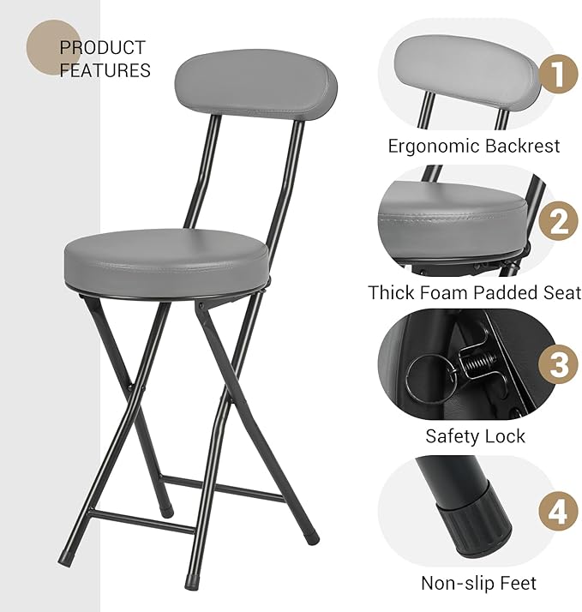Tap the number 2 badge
tap(558, 221)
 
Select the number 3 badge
tap(558, 366)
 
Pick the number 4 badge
tap(558, 513)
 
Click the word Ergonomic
tap(431, 146)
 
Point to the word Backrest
tap(522, 146)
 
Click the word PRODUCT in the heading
tap(102, 48)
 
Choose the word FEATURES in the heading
tap(105, 70)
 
